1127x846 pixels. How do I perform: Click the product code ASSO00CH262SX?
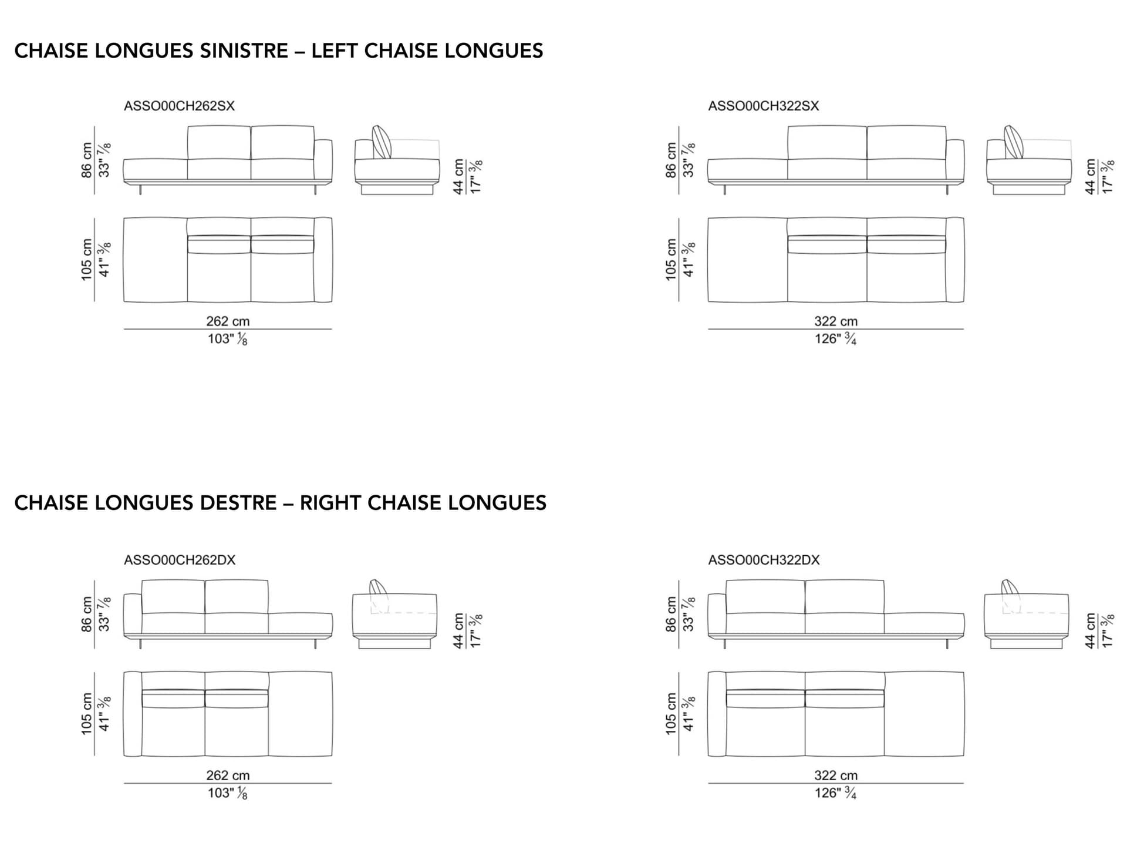pyautogui.click(x=179, y=106)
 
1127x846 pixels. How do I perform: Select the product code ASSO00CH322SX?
pyautogui.click(x=763, y=106)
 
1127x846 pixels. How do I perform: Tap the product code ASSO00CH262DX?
pyautogui.click(x=180, y=560)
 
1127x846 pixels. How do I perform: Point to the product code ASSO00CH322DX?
pyautogui.click(x=764, y=560)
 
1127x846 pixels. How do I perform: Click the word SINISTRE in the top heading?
pyautogui.click(x=244, y=51)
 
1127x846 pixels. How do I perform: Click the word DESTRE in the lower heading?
pyautogui.click(x=238, y=503)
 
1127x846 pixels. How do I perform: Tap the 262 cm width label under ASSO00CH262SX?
pyautogui.click(x=228, y=321)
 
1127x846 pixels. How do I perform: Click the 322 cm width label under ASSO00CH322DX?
pyautogui.click(x=836, y=775)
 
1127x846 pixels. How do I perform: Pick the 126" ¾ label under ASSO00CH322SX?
pyautogui.click(x=835, y=339)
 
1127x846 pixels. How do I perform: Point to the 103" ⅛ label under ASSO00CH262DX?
pyautogui.click(x=228, y=793)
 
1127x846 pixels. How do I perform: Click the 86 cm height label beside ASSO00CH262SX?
pyautogui.click(x=86, y=159)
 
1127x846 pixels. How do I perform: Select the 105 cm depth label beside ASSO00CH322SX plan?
pyautogui.click(x=671, y=260)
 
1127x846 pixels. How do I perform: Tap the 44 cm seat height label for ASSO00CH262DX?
pyautogui.click(x=458, y=631)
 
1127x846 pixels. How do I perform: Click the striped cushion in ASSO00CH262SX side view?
pyautogui.click(x=382, y=142)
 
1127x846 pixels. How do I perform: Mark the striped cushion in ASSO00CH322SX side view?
pyautogui.click(x=1014, y=142)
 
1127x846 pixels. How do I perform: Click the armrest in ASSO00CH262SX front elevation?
pyautogui.click(x=323, y=160)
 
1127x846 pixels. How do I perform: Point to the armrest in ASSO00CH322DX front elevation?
pyautogui.click(x=717, y=615)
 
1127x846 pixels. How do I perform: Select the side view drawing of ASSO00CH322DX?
pyautogui.click(x=1027, y=615)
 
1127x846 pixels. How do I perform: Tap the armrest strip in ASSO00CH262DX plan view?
pyautogui.click(x=133, y=714)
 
